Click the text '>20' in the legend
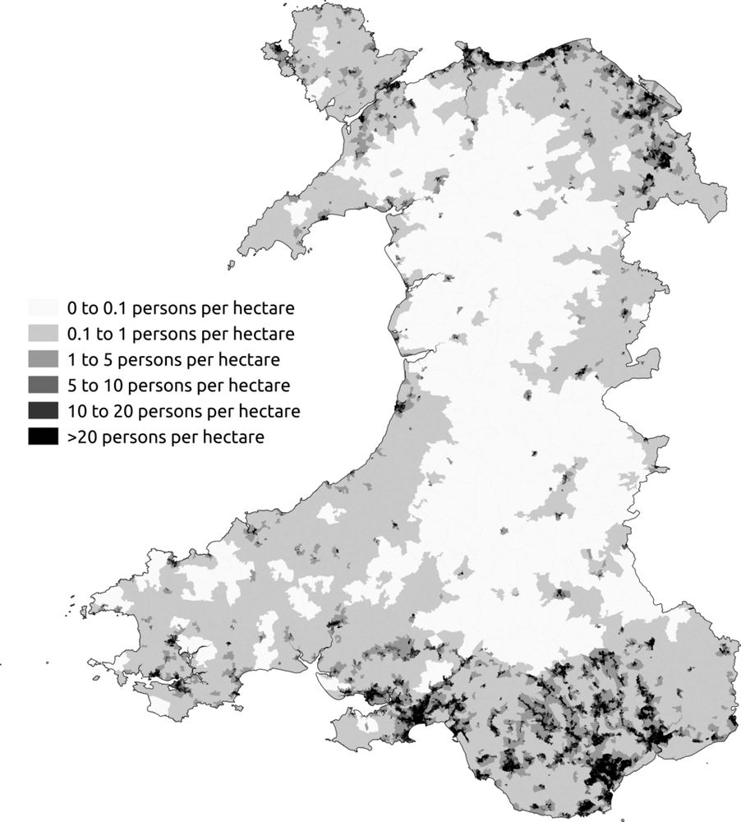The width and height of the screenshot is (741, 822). [x=81, y=437]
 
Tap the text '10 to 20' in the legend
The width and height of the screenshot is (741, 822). [x=96, y=411]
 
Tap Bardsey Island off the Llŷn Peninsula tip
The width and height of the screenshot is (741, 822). [x=232, y=265]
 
